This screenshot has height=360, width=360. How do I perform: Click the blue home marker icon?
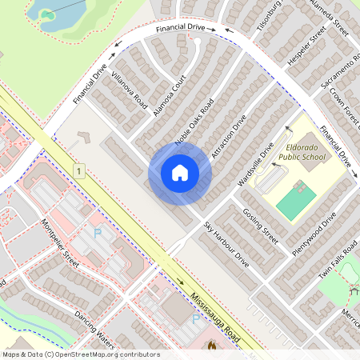coord(180,173)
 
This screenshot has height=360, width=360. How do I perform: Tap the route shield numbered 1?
coord(79,170)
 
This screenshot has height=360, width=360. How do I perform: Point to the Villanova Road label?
coord(130,90)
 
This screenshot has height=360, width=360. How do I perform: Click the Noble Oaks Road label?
coord(194,122)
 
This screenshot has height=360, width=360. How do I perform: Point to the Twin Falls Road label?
coord(338,262)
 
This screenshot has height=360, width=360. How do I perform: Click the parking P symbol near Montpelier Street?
coord(98,233)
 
